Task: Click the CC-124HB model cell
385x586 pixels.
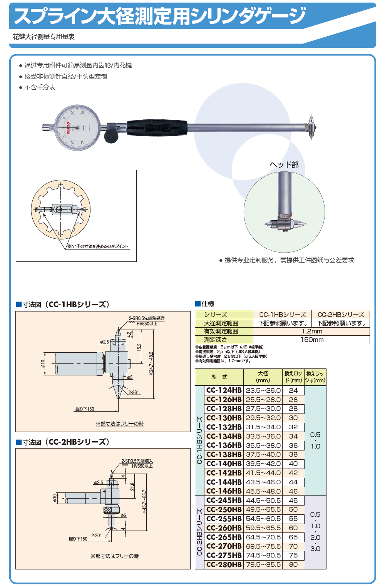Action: click(224, 390)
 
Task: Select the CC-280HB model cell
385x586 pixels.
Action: click(224, 565)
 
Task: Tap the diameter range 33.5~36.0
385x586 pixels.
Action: click(263, 436)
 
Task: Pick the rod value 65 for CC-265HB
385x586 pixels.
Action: click(293, 537)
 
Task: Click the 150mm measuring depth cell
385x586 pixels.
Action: click(311, 340)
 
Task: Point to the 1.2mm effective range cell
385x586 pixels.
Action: click(311, 331)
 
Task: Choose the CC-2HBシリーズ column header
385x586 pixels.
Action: click(341, 315)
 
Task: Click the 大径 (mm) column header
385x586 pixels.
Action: click(263, 377)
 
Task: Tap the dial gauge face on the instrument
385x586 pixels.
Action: click(77, 127)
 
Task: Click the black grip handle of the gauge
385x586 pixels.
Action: click(157, 127)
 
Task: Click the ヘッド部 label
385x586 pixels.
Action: click(284, 165)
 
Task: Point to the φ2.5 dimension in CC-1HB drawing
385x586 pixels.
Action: click(104, 342)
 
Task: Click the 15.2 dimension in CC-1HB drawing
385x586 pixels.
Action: click(139, 347)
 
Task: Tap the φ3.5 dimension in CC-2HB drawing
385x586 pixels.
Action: click(98, 482)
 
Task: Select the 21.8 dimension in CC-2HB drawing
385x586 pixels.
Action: click(132, 486)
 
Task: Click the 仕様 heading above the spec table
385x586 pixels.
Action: click(208, 304)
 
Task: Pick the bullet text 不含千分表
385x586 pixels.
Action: click(40, 87)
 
